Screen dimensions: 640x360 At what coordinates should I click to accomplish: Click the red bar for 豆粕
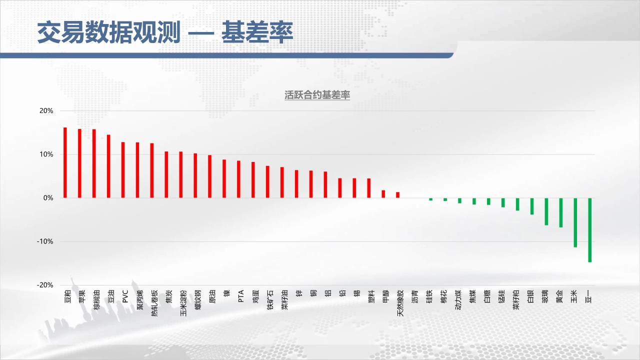click(65, 162)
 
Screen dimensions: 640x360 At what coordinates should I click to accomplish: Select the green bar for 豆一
click(589, 230)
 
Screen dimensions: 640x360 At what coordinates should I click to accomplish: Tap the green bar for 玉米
click(575, 222)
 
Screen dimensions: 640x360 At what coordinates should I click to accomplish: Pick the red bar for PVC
click(123, 170)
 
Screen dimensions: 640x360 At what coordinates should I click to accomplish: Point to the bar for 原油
click(209, 176)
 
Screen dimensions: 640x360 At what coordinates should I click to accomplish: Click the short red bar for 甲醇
click(383, 194)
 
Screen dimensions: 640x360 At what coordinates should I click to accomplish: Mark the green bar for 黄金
click(561, 212)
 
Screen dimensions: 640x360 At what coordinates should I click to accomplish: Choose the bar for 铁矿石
click(267, 182)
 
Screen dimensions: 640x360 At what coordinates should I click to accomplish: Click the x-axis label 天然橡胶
click(400, 303)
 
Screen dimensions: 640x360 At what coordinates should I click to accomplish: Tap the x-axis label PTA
click(241, 296)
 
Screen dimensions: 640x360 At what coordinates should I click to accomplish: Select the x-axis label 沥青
click(415, 296)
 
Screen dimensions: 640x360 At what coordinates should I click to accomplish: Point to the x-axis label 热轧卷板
click(154, 303)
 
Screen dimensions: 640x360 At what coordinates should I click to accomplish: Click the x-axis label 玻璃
click(545, 296)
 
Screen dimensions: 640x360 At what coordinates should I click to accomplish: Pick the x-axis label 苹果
click(82, 296)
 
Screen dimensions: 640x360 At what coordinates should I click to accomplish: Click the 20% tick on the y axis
click(46, 110)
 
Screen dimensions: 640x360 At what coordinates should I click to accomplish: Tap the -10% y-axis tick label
click(45, 241)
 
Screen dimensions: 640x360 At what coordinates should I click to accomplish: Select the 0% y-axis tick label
click(48, 197)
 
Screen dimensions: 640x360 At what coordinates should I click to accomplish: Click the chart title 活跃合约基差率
click(317, 95)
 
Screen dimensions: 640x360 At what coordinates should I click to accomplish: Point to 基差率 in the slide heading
click(257, 32)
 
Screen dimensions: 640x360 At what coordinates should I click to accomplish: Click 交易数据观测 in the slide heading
click(109, 32)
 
